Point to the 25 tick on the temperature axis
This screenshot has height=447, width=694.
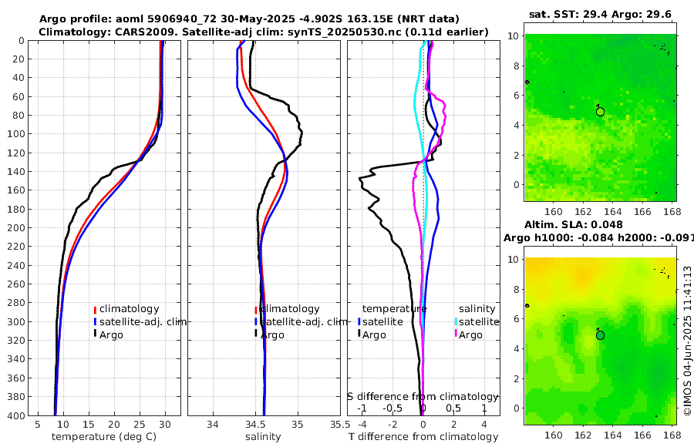[x=140, y=424]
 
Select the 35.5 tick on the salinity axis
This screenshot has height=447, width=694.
[x=335, y=424]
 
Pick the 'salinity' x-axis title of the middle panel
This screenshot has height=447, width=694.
[x=263, y=437]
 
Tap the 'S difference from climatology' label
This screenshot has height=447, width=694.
[x=423, y=395]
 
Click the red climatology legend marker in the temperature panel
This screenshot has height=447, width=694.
[x=95, y=309]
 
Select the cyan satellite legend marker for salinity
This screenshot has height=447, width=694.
[x=456, y=321]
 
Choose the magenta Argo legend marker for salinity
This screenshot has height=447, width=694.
[x=456, y=334]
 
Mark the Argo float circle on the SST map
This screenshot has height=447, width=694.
[x=600, y=112]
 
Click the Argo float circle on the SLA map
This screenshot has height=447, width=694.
[x=600, y=335]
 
